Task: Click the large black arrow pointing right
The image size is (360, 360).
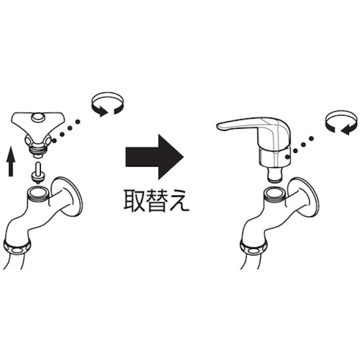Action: (x=155, y=157)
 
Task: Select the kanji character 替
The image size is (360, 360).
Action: (x=157, y=200)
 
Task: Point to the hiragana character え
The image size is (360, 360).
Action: (x=179, y=200)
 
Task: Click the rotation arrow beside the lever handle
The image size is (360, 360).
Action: (x=341, y=123)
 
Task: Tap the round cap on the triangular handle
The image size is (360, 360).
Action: (x=38, y=117)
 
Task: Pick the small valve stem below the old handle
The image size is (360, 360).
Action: (x=38, y=173)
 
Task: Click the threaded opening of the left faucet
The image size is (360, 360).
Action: (x=38, y=193)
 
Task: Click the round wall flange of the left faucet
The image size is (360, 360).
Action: (x=67, y=196)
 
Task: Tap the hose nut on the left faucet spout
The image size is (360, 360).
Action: (x=17, y=246)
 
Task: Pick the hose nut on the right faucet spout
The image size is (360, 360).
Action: (x=254, y=247)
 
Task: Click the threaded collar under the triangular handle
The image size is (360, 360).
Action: (x=38, y=149)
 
